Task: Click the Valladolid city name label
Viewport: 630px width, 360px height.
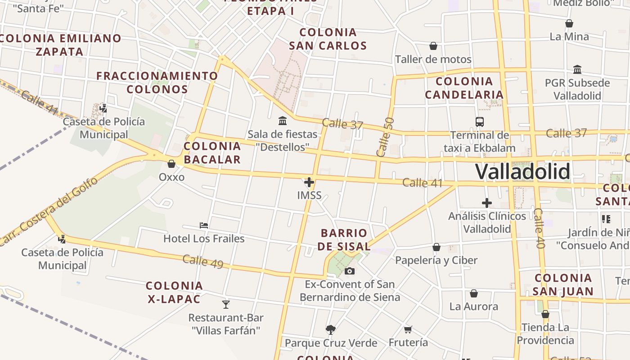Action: pyautogui.click(x=522, y=172)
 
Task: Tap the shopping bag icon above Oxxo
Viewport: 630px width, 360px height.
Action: pyautogui.click(x=171, y=164)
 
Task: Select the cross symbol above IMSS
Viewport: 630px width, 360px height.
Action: pyautogui.click(x=309, y=182)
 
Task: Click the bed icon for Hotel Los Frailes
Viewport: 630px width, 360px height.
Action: pyautogui.click(x=204, y=225)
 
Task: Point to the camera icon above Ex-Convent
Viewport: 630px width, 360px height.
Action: pyautogui.click(x=350, y=271)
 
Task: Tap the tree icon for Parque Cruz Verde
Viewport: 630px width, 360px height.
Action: pyautogui.click(x=331, y=330)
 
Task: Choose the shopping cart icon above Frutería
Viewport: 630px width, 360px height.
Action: pyautogui.click(x=408, y=330)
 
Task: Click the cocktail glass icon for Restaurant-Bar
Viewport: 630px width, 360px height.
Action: pyautogui.click(x=226, y=305)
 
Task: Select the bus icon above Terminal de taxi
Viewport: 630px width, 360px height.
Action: pyautogui.click(x=480, y=121)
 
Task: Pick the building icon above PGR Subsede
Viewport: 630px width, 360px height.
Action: pyautogui.click(x=577, y=70)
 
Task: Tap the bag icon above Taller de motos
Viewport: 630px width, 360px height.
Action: pyautogui.click(x=433, y=46)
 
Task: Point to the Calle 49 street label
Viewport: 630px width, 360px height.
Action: pyautogui.click(x=203, y=261)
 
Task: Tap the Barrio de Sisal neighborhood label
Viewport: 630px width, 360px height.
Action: pyautogui.click(x=344, y=239)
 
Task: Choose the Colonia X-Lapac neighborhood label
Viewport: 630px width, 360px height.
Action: pyautogui.click(x=174, y=292)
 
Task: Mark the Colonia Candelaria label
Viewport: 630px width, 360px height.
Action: pyautogui.click(x=464, y=88)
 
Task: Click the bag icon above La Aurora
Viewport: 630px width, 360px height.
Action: pyautogui.click(x=474, y=294)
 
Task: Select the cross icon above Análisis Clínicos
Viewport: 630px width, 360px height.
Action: pyautogui.click(x=487, y=203)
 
